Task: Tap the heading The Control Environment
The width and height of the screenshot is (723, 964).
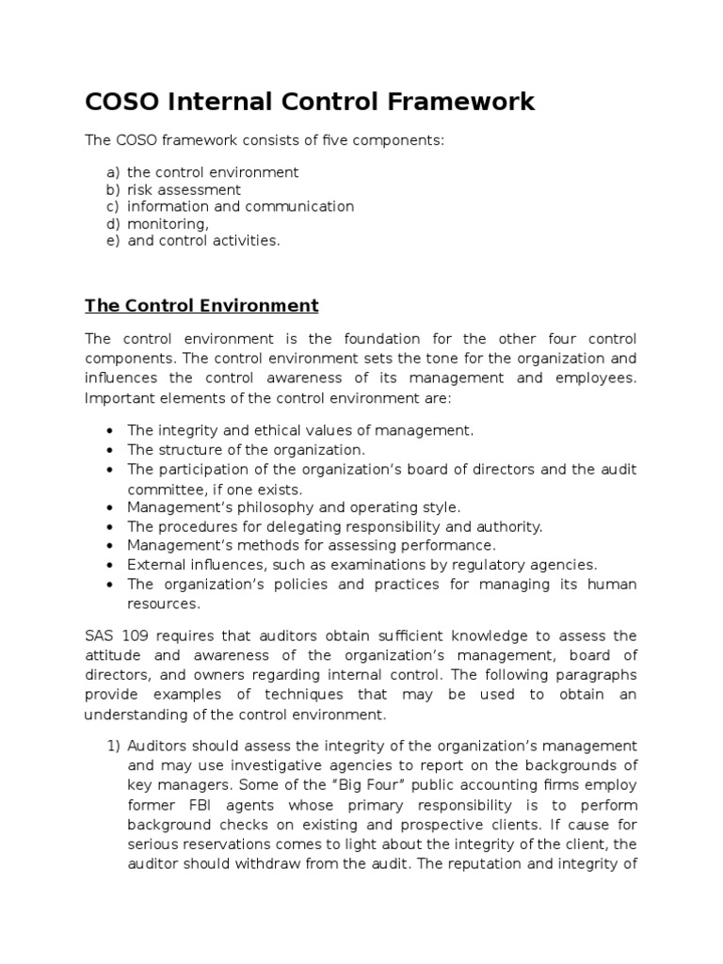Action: (201, 306)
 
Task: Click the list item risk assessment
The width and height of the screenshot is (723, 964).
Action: (184, 189)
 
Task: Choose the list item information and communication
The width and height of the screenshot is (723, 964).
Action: (240, 206)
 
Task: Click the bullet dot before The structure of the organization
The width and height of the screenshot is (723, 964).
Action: (111, 451)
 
